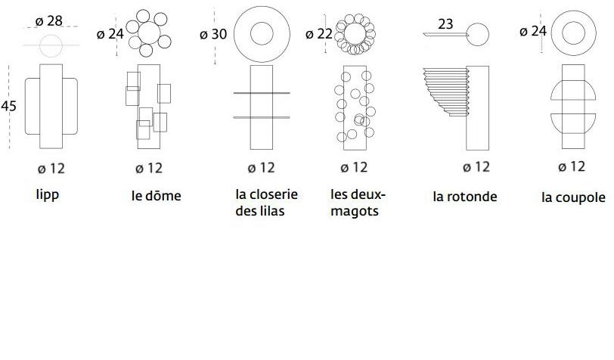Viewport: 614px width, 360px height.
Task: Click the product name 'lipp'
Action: tap(48, 194)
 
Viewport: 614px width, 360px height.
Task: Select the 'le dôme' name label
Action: tap(157, 196)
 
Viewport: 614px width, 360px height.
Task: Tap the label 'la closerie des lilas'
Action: tap(267, 203)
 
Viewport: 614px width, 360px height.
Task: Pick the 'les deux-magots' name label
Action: tap(358, 203)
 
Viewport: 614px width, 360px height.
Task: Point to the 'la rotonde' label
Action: tap(465, 196)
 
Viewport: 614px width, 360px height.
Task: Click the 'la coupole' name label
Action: tap(573, 197)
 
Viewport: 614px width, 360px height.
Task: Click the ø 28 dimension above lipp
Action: tap(49, 20)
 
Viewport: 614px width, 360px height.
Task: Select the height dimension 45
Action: tap(8, 106)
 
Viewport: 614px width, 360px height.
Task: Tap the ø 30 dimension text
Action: tap(213, 34)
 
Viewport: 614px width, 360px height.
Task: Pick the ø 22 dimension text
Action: tap(319, 34)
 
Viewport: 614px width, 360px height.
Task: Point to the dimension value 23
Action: tap(445, 24)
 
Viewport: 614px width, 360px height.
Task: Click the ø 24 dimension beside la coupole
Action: tap(532, 31)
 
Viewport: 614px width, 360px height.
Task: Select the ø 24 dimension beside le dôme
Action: tap(110, 34)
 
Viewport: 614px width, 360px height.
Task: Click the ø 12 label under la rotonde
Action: tap(476, 167)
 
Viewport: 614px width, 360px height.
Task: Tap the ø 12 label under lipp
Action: tap(51, 169)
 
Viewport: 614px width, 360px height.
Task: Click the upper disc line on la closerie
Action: tap(262, 93)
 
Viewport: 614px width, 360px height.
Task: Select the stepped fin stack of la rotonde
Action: tap(446, 92)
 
